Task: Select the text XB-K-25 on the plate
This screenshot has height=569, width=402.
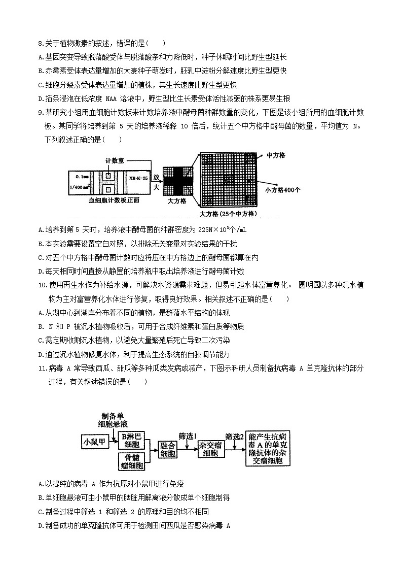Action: click(x=138, y=179)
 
